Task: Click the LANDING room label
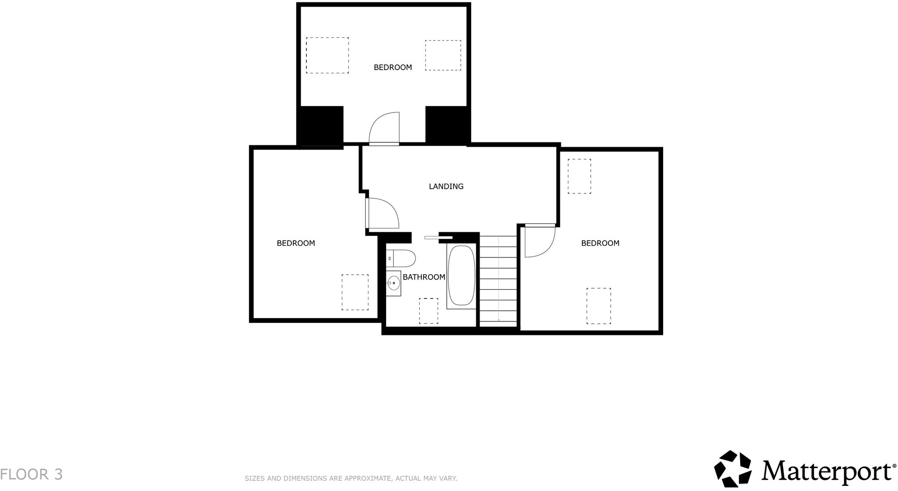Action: point(446,186)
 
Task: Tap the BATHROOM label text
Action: point(424,277)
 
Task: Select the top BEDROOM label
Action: point(393,67)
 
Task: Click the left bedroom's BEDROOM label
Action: point(296,243)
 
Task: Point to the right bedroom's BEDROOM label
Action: point(600,243)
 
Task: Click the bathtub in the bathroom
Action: point(461,276)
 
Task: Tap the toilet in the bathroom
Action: point(401,258)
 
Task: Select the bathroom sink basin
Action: point(394,283)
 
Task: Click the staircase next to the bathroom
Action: point(498,280)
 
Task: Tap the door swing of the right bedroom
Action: point(539,241)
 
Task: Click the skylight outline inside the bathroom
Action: point(428,311)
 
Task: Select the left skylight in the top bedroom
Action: point(327,55)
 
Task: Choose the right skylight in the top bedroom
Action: point(443,55)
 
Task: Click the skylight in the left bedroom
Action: point(355,292)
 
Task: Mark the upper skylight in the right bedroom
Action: point(579,176)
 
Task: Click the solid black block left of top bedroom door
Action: point(320,126)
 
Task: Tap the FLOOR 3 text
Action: point(31,474)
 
